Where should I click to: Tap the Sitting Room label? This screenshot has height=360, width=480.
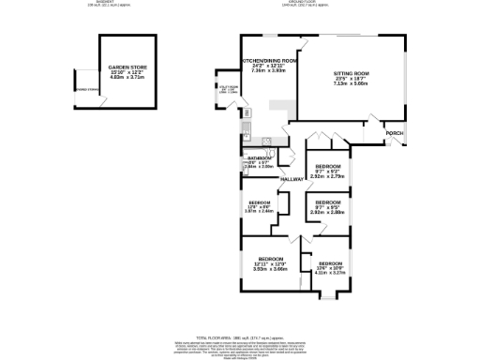352,72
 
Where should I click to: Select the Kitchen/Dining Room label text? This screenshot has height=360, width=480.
270,60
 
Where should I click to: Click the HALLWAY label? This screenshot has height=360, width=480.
293,178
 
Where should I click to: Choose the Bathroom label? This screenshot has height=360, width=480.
259,158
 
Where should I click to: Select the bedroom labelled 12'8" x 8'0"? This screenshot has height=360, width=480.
260,202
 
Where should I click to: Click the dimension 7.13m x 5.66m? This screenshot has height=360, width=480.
352,82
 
